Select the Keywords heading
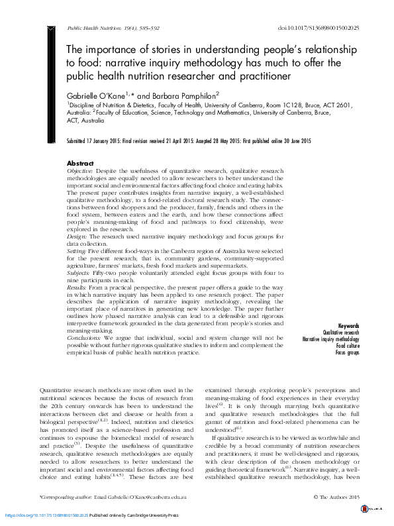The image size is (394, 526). [x=348, y=326]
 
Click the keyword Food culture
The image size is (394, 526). [x=347, y=346]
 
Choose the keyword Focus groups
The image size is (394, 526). [x=347, y=352]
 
